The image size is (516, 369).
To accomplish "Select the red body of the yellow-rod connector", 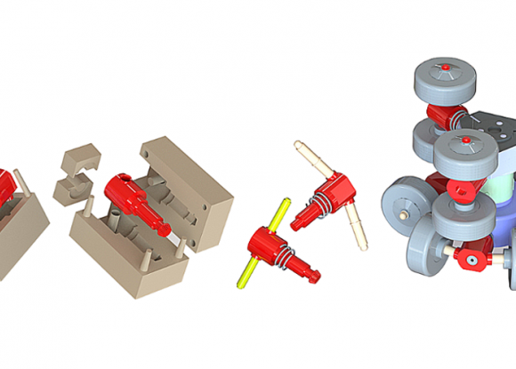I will [x=266, y=243].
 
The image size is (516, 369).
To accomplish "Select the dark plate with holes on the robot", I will [x=485, y=129].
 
